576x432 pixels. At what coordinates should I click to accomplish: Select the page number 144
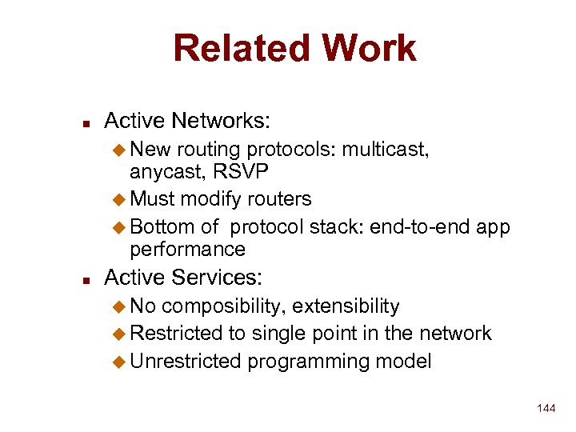[546, 409]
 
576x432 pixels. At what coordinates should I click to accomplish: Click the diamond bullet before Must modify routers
[120, 198]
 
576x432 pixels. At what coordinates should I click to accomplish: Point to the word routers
[278, 198]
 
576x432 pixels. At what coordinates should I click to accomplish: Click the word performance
[187, 249]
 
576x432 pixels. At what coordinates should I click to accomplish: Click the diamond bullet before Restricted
[120, 334]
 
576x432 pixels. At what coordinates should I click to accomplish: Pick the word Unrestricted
[185, 361]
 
